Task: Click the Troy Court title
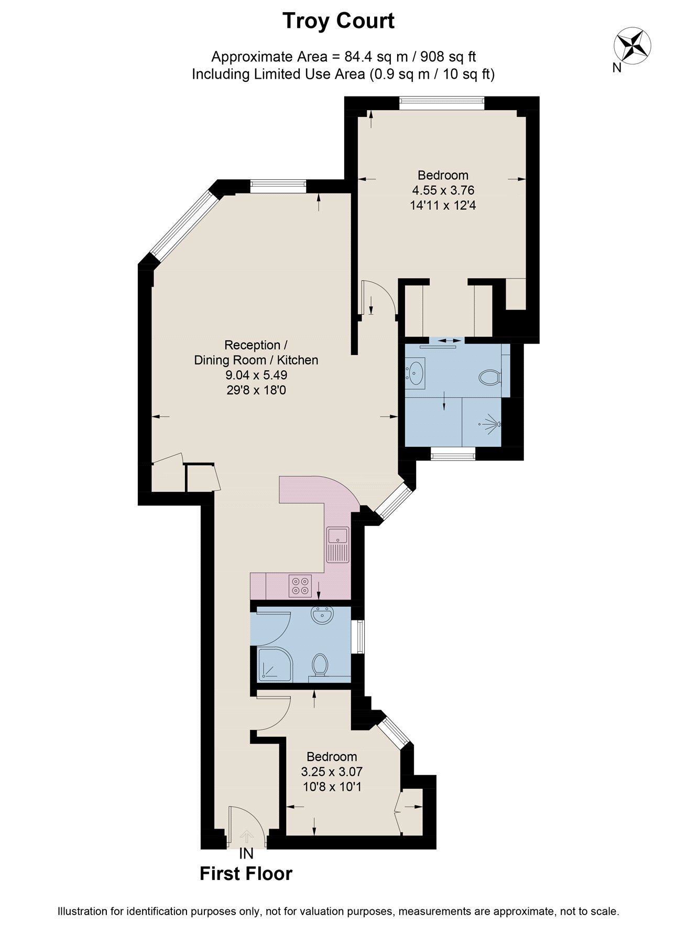pos(339,22)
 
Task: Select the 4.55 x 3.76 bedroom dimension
pos(443,190)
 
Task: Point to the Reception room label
pos(255,345)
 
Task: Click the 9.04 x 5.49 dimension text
pos(256,375)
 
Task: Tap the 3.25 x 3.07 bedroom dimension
pos(332,771)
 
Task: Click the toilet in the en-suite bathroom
pos(491,377)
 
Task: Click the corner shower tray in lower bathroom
pos(275,664)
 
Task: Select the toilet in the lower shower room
pos(319,666)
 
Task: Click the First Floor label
pos(246,873)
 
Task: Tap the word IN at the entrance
pos(246,854)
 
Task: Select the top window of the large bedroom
pos(442,103)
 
